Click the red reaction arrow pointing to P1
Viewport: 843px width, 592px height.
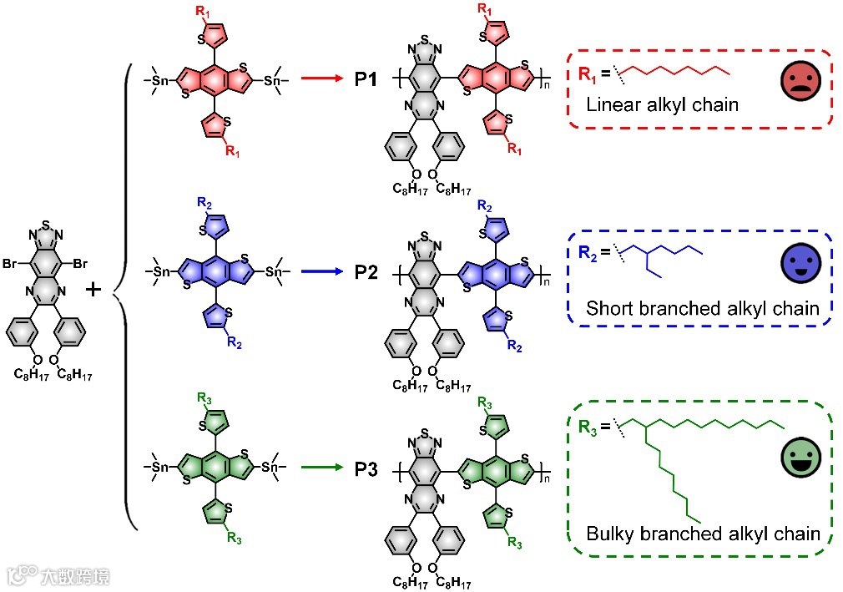coord(321,79)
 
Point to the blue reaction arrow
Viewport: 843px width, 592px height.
coord(321,271)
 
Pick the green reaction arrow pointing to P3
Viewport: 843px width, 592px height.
coord(321,469)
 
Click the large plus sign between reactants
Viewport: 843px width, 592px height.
coord(94,290)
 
